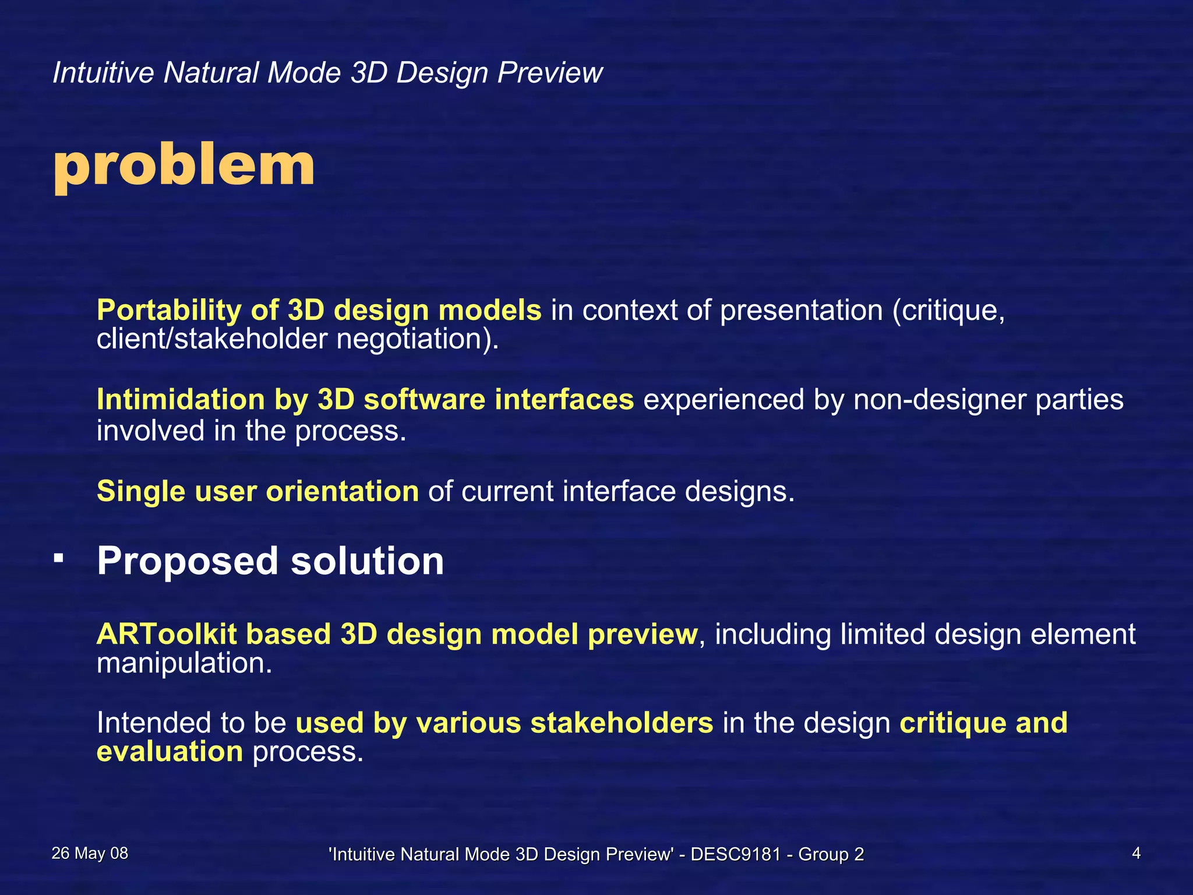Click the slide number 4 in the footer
tap(1136, 854)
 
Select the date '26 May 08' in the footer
tap(90, 854)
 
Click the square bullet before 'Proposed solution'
tap(58, 558)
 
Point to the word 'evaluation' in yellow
tap(170, 752)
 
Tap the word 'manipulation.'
tap(184, 663)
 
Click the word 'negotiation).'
tap(418, 339)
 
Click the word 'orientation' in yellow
tap(342, 491)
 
